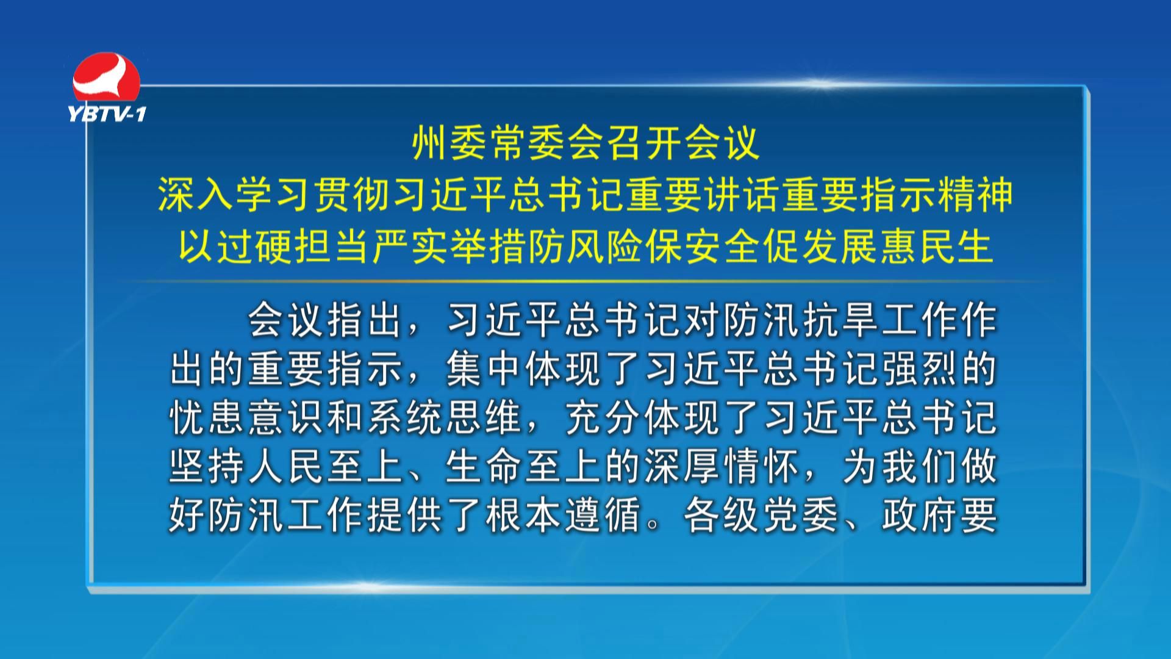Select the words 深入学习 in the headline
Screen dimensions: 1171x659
click(x=235, y=195)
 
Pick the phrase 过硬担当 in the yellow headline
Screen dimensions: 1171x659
click(x=293, y=247)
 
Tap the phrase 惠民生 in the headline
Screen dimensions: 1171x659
click(x=936, y=247)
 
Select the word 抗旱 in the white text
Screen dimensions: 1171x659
click(x=840, y=320)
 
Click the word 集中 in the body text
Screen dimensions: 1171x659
click(x=485, y=369)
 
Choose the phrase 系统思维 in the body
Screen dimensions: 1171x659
click(x=445, y=417)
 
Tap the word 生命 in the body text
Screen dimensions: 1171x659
click(x=485, y=466)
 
